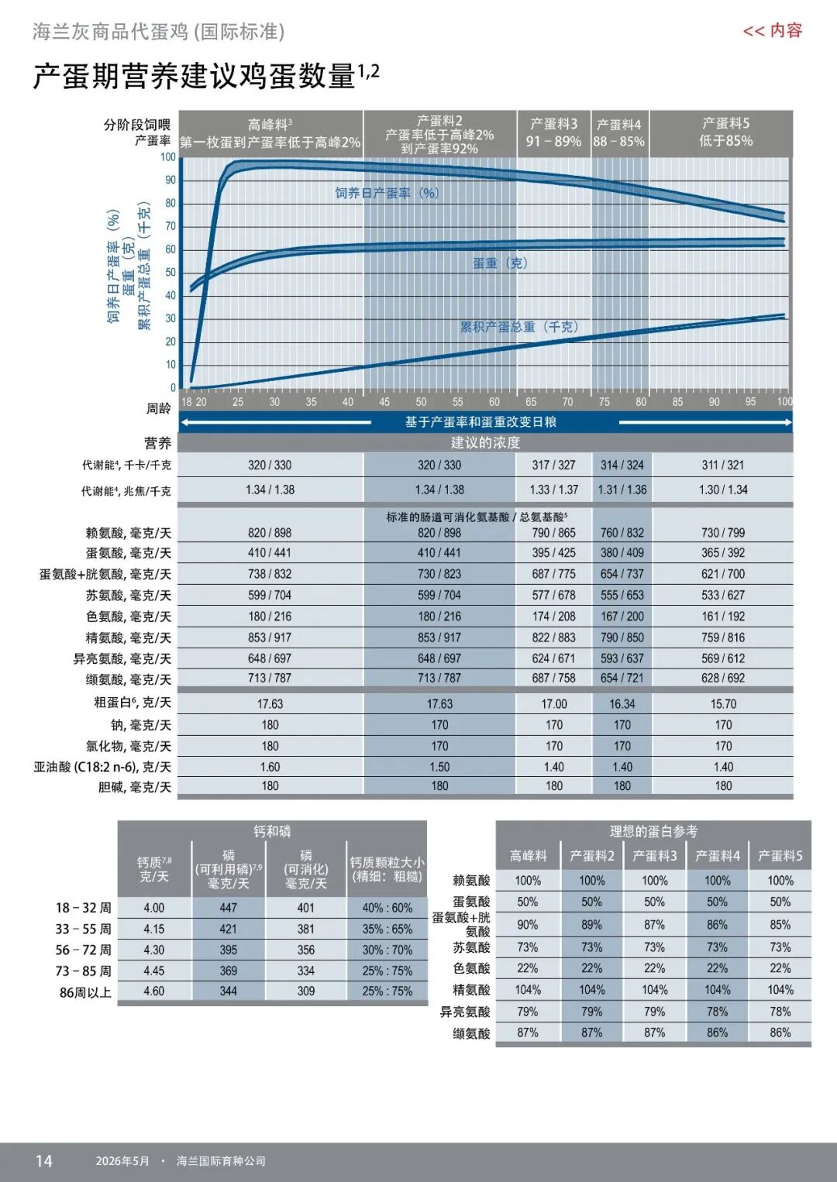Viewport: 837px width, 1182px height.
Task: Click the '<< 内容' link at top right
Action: point(772,31)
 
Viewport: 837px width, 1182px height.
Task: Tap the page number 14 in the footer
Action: point(44,1160)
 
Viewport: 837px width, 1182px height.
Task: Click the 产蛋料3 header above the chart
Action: point(553,124)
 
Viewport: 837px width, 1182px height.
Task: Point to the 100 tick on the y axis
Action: point(168,156)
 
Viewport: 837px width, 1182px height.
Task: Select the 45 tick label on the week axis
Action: point(384,401)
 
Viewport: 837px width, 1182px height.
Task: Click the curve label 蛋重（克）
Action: point(500,263)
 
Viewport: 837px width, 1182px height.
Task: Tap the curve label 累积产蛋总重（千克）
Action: point(519,327)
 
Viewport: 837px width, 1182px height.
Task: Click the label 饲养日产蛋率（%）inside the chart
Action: point(387,193)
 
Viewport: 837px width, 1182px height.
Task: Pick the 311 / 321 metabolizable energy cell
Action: point(722,465)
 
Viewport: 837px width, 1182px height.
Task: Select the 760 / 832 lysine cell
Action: point(622,532)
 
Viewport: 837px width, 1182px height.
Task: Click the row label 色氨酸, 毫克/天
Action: point(129,617)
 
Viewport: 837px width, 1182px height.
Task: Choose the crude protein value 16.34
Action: point(622,703)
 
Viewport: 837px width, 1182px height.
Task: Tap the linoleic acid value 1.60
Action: point(270,767)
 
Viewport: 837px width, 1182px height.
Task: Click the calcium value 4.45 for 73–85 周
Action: point(153,971)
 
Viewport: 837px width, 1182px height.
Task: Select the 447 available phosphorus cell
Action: point(228,908)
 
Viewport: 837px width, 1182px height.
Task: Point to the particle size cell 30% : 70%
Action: point(387,950)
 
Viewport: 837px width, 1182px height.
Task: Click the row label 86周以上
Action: point(85,992)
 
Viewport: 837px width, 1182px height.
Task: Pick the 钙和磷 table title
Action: point(272,832)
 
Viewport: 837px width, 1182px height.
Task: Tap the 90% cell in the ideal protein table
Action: point(528,925)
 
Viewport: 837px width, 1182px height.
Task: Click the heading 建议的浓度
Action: point(485,442)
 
